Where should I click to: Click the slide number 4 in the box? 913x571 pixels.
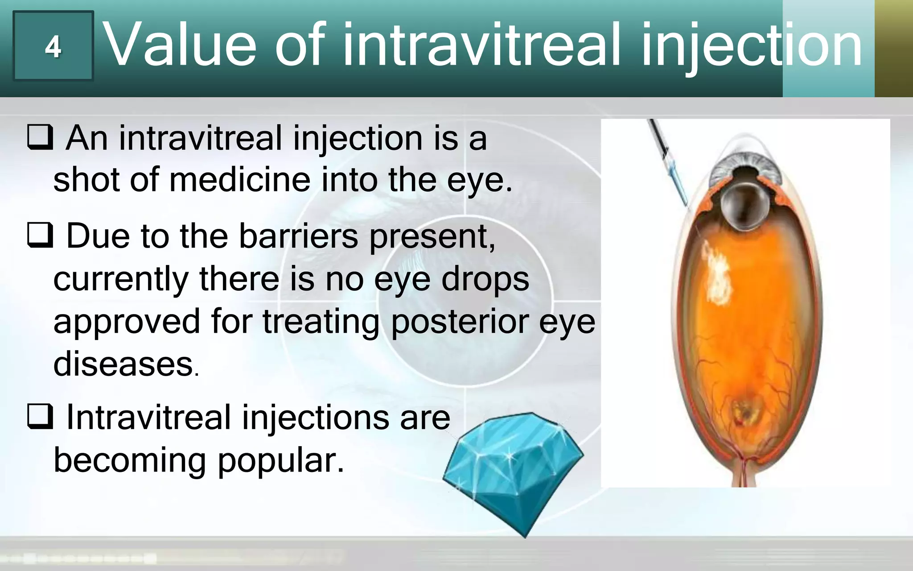[53, 46]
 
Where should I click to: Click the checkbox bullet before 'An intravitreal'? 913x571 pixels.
[40, 137]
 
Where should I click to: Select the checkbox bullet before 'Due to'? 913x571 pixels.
[40, 236]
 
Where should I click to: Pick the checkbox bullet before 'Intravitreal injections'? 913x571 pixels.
[40, 416]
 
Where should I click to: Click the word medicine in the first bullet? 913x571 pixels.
[239, 180]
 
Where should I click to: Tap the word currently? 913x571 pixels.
[121, 280]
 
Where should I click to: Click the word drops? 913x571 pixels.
[485, 280]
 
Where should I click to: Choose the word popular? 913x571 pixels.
[281, 460]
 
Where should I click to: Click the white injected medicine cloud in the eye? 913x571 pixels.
[716, 277]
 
